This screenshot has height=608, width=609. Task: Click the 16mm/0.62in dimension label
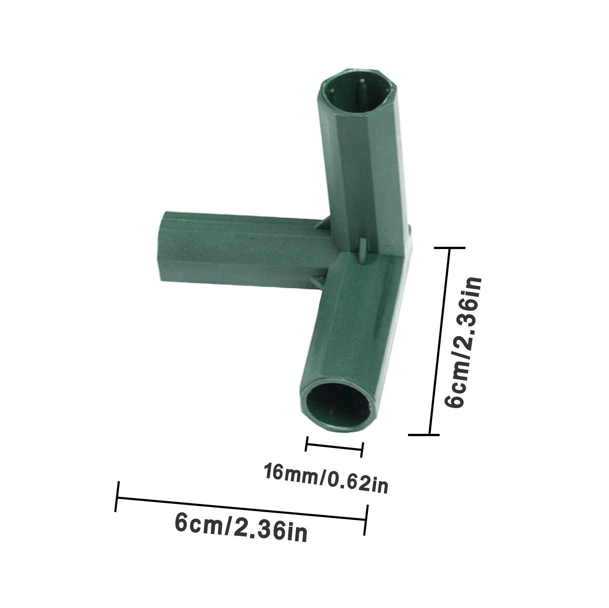click(326, 477)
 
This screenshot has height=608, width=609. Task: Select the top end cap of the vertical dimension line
click(450, 248)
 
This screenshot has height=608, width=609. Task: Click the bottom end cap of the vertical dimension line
click(424, 434)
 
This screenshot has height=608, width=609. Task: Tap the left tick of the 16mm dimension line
click(306, 443)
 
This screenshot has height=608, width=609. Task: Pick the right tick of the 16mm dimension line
click(362, 450)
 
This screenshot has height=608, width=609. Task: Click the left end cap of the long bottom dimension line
click(117, 496)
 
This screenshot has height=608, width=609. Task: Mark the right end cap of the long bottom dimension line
click(366, 520)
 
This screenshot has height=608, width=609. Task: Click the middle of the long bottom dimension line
click(242, 508)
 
